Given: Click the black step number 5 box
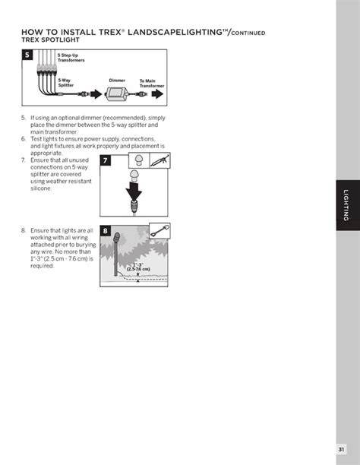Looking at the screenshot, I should point(27,55).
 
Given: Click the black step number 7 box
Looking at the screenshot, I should point(106,160).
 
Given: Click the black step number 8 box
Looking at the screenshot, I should point(106,230).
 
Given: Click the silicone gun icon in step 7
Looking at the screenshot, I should point(159,160).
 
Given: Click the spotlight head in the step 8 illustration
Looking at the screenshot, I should point(116,238).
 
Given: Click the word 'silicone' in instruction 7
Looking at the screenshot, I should point(41,188).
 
